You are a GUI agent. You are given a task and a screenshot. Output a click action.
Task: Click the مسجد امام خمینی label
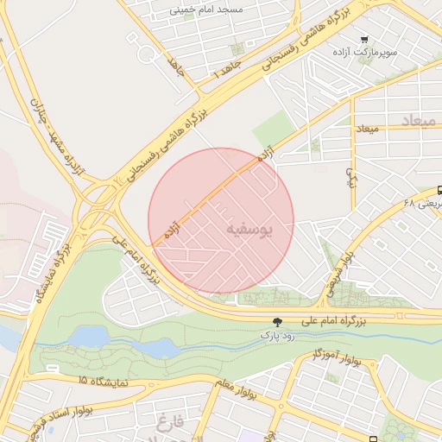pyautogui.click(x=207, y=9)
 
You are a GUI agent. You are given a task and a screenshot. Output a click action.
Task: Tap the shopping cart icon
pyautogui.click(x=363, y=40)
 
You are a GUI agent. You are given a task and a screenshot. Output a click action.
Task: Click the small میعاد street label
pyautogui.click(x=368, y=129)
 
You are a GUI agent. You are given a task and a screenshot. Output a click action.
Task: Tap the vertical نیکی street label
pyautogui.click(x=350, y=178)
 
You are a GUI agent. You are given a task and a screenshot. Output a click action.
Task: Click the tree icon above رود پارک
pyautogui.click(x=276, y=321)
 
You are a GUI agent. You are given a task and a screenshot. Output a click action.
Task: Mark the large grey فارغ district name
pyautogui.click(x=173, y=424)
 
